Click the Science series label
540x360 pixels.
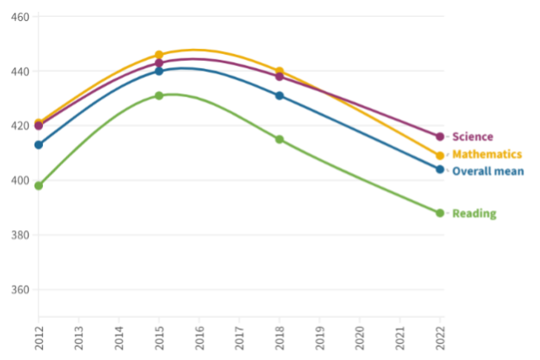pos(473,137)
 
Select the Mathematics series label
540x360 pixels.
pos(487,154)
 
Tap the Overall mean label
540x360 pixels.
pos(488,171)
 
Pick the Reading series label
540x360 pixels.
pos(474,213)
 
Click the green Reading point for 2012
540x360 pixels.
pos(39,185)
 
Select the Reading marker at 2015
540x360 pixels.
pos(158,96)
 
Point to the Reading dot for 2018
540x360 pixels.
pos(280,139)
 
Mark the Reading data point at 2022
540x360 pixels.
pos(440,213)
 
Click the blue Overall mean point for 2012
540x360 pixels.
pos(39,145)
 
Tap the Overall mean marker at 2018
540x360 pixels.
pos(280,96)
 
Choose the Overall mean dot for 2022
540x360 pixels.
pos(440,169)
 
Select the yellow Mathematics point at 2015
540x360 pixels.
pos(158,55)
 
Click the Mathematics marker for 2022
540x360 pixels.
pos(440,156)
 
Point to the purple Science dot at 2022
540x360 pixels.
pos(440,137)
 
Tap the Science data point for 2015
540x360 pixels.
pos(158,63)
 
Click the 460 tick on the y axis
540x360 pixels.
pos(20,17)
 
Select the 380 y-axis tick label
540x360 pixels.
pos(20,235)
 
